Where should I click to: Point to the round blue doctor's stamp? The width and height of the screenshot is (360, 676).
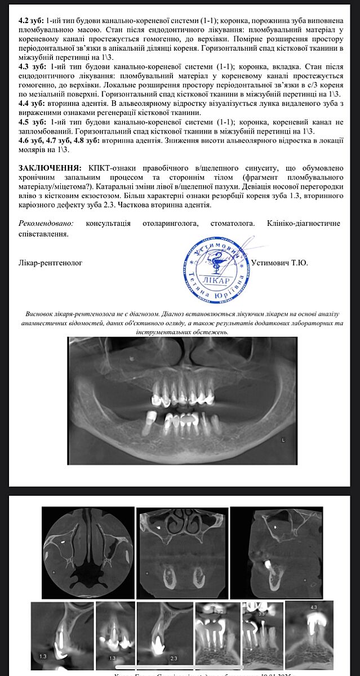[214, 268]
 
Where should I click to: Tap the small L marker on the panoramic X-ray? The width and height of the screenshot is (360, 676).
[283, 438]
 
